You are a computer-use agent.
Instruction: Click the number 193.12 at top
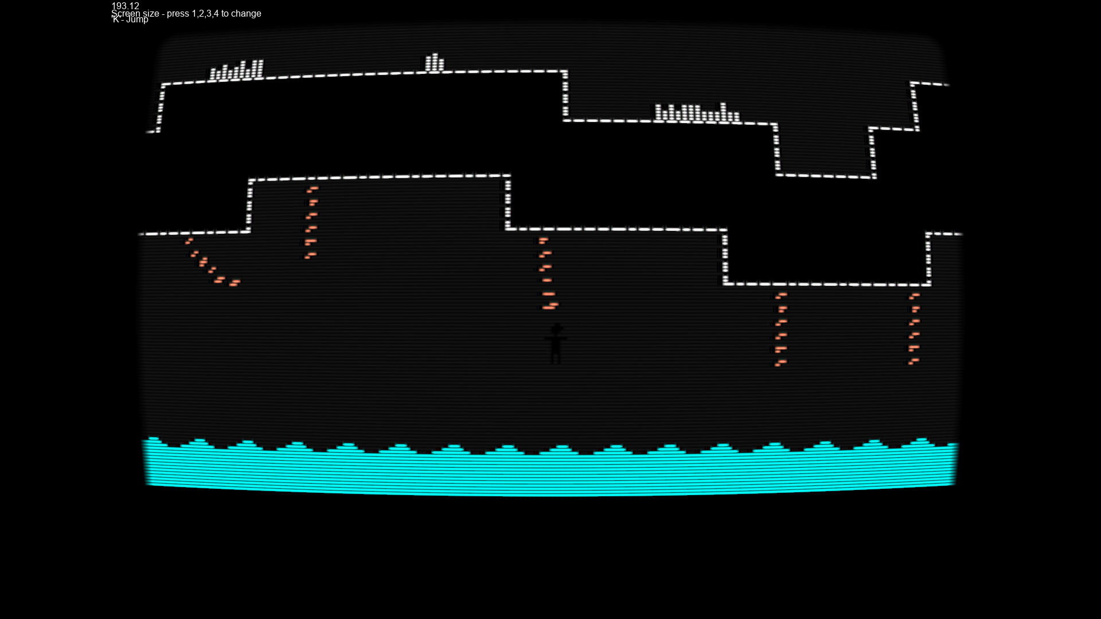point(125,6)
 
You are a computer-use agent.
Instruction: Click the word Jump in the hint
point(137,20)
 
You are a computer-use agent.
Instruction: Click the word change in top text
point(246,13)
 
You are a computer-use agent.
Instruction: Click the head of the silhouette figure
point(556,330)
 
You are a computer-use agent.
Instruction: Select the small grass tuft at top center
point(434,63)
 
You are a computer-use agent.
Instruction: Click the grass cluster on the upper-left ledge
point(236,71)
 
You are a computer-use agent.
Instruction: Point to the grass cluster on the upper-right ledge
point(697,113)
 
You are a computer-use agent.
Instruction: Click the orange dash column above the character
point(546,273)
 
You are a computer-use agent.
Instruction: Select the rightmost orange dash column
point(914,328)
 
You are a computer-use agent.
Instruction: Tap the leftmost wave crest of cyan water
point(153,440)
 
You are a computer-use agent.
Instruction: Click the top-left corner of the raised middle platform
point(251,181)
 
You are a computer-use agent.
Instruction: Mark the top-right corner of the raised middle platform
point(507,177)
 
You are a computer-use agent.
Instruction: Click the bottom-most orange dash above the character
point(549,307)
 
